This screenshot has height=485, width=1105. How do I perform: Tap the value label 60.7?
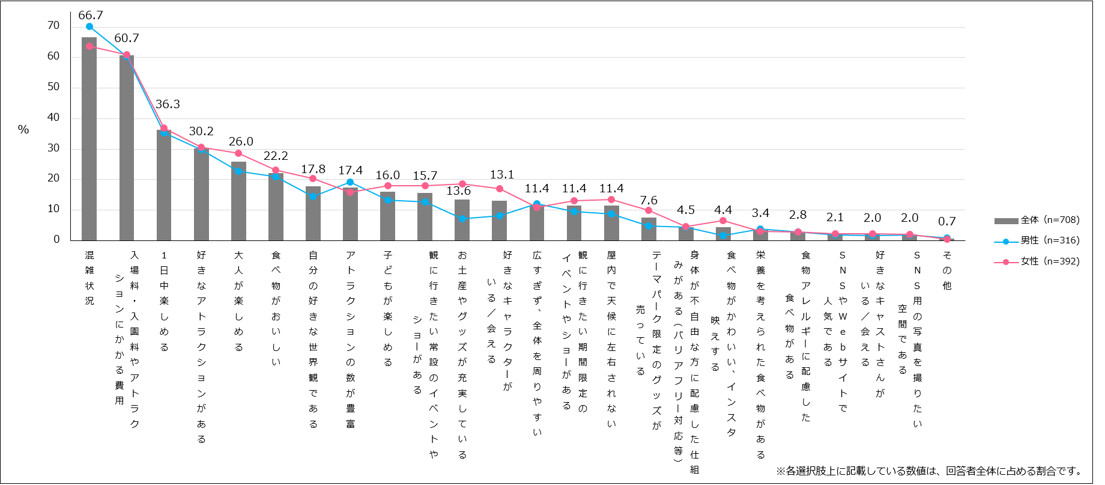point(127,38)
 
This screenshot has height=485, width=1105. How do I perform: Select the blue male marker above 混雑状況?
point(89,26)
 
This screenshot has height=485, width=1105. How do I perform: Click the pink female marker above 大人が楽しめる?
point(238,153)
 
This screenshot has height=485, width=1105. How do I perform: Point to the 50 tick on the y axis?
point(53,87)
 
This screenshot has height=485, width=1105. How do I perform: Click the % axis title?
point(23,129)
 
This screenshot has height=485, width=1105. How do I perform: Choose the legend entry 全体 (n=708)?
point(1038,220)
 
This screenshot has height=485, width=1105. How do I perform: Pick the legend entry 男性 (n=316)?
point(1038,240)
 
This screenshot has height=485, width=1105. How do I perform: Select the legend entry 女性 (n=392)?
point(1038,261)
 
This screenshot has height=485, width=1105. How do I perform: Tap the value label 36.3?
point(168,105)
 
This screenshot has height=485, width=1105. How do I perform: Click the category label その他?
point(947,270)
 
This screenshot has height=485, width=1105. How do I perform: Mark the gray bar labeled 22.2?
point(276,207)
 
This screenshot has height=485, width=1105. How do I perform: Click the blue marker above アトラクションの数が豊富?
point(350,182)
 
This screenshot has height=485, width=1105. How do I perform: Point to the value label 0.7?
point(947,222)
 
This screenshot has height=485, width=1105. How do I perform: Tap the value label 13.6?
point(458,191)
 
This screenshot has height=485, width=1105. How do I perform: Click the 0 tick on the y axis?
point(56,239)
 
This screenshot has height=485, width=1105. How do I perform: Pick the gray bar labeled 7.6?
point(649,229)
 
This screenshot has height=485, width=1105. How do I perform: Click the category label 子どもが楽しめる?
point(387,308)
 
